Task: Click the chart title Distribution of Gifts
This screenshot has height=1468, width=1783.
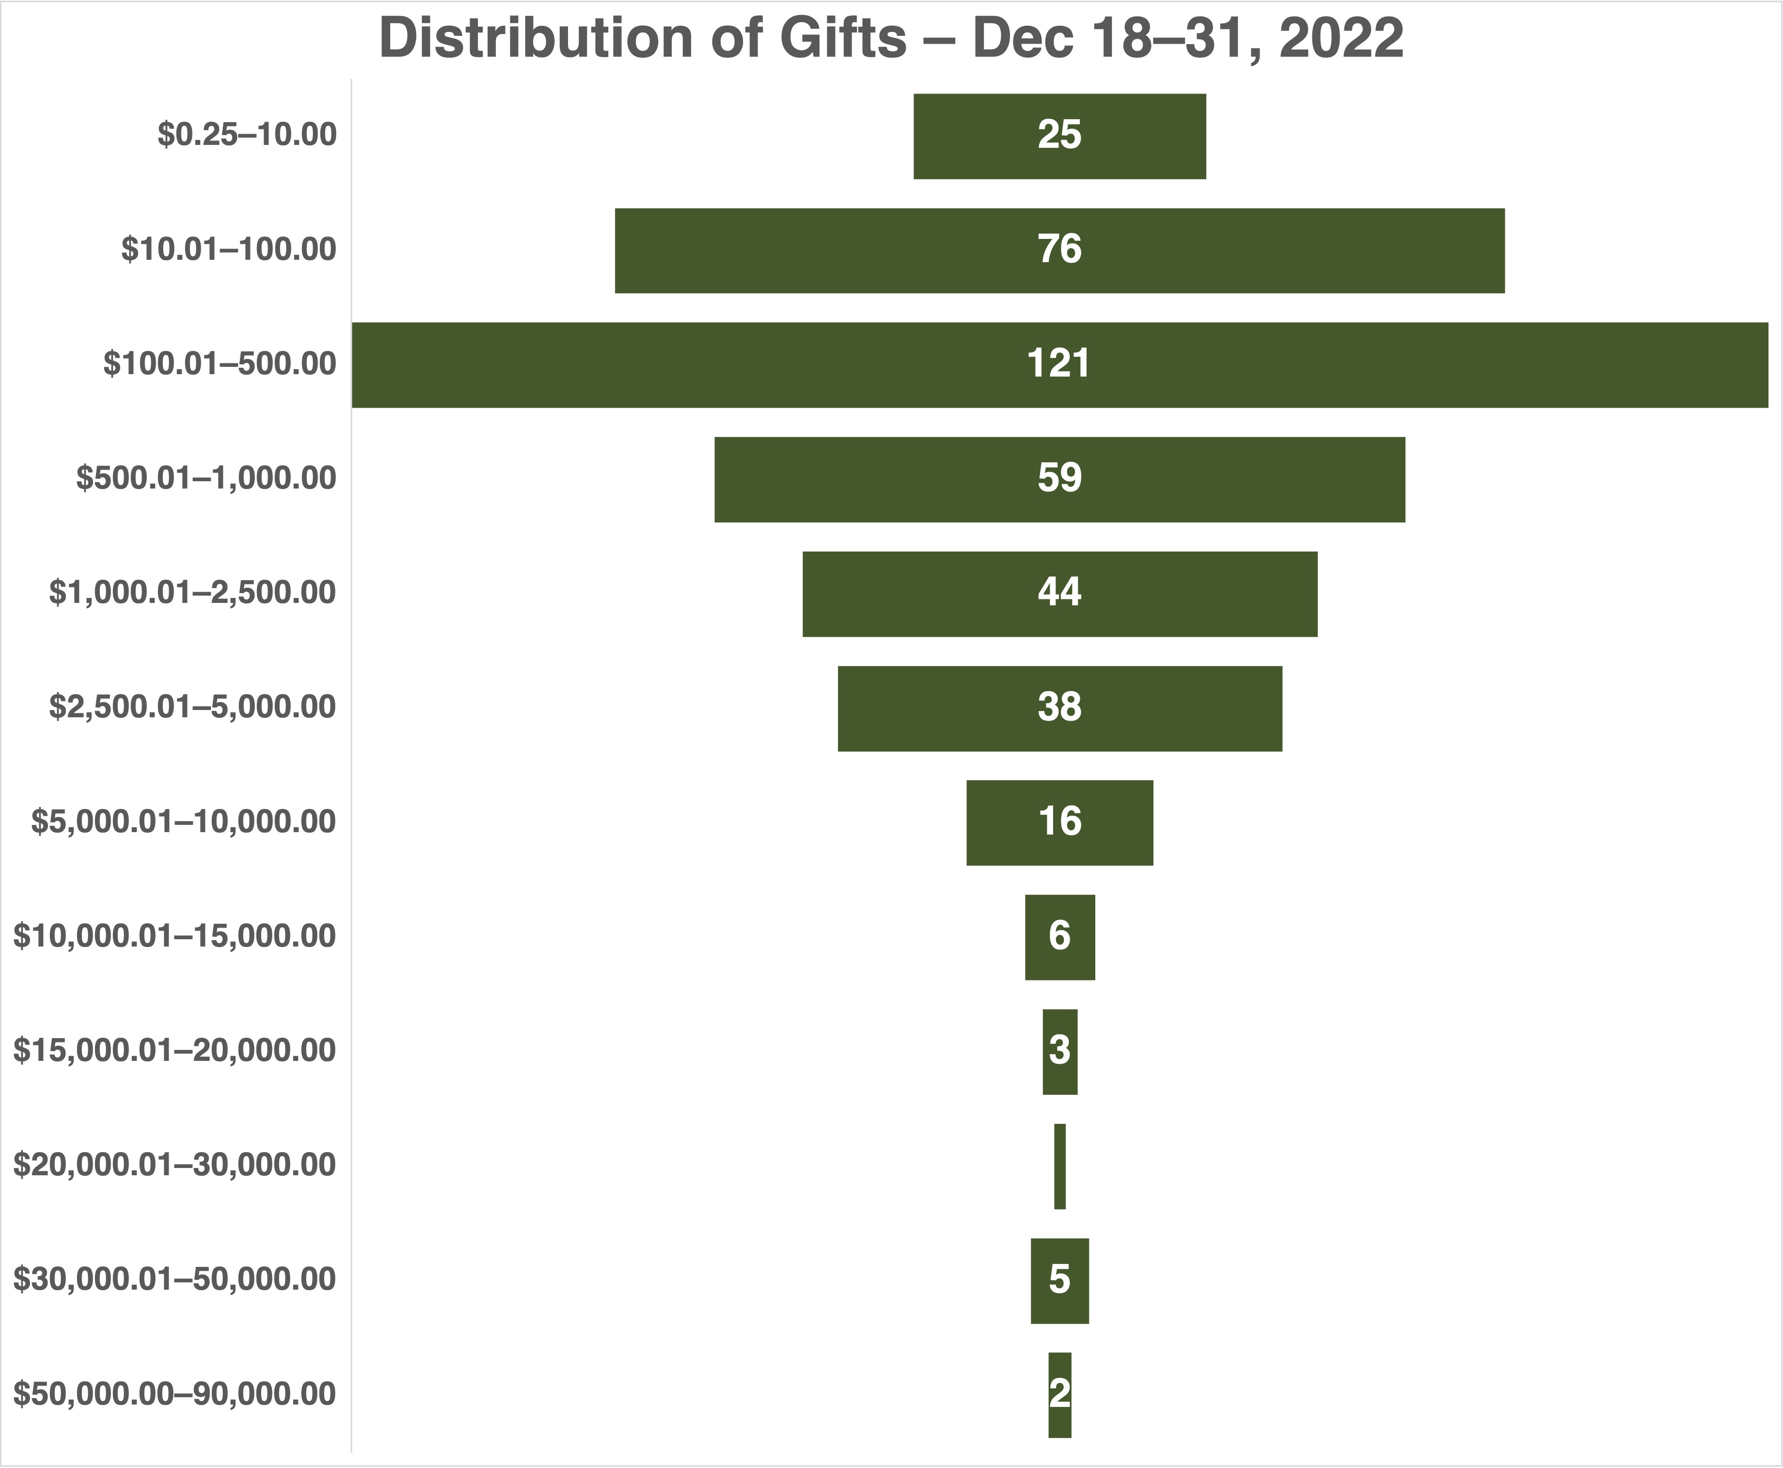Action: (891, 39)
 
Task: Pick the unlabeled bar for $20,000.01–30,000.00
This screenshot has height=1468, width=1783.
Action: (1059, 1166)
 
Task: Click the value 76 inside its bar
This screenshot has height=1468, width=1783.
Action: (1059, 250)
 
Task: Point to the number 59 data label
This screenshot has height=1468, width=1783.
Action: (1059, 479)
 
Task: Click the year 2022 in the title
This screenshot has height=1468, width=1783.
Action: (1341, 39)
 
